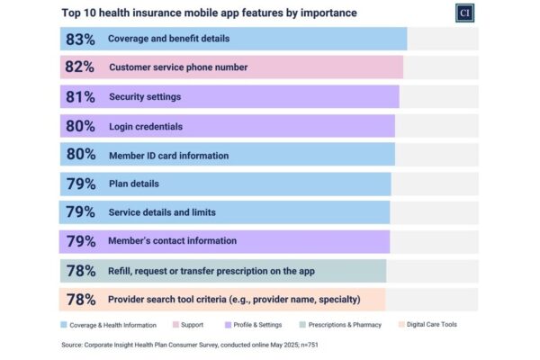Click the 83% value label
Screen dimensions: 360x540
click(x=81, y=39)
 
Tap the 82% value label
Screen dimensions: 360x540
click(x=81, y=67)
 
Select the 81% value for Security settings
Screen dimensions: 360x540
click(x=81, y=96)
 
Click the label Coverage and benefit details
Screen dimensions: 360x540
click(x=168, y=39)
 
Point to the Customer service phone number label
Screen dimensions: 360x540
click(x=178, y=67)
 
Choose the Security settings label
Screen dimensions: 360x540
click(x=145, y=96)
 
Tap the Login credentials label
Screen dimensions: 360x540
click(x=146, y=126)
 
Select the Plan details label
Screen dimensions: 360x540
click(x=134, y=184)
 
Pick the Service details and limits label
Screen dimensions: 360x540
click(x=162, y=212)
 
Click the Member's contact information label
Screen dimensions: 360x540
click(x=173, y=241)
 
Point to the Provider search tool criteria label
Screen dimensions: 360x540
click(x=234, y=299)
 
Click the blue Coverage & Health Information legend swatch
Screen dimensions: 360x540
click(x=65, y=325)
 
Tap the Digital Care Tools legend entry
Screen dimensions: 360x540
click(x=430, y=325)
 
